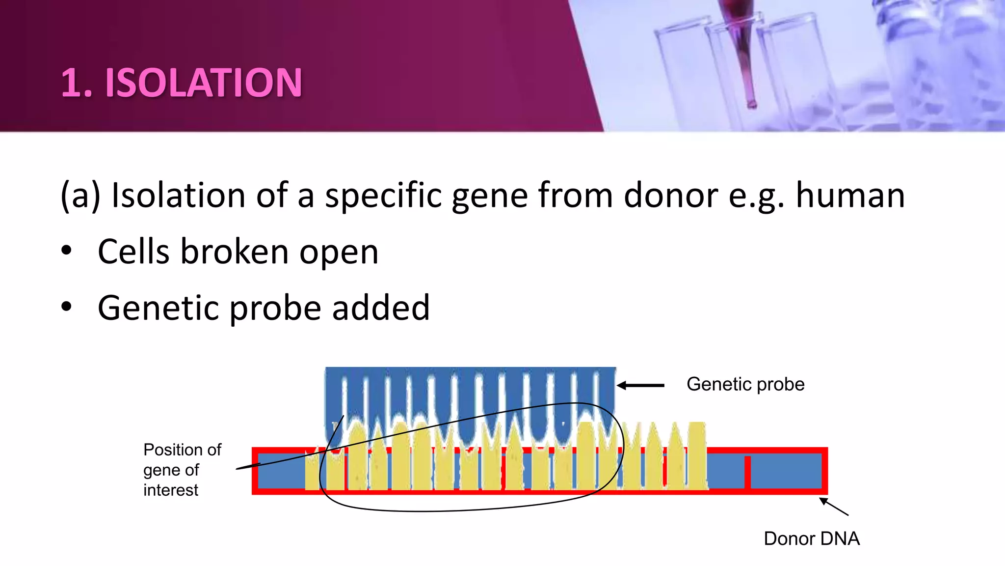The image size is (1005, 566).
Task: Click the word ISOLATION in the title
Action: pyautogui.click(x=204, y=83)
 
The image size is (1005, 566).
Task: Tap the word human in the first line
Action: pyautogui.click(x=850, y=196)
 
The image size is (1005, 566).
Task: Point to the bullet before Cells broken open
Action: pyautogui.click(x=67, y=251)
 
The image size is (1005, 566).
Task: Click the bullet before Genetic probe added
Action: pyautogui.click(x=67, y=307)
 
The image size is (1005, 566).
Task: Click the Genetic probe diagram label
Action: pyautogui.click(x=745, y=384)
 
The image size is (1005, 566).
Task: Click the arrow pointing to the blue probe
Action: pyautogui.click(x=640, y=386)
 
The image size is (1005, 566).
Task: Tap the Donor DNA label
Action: pyautogui.click(x=811, y=538)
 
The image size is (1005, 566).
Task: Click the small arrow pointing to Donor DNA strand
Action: pyautogui.click(x=834, y=507)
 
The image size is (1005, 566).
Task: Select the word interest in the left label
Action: pyautogui.click(x=170, y=490)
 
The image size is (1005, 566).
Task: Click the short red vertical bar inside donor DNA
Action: pyautogui.click(x=747, y=472)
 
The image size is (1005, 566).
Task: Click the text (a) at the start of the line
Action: pyautogui.click(x=80, y=196)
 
